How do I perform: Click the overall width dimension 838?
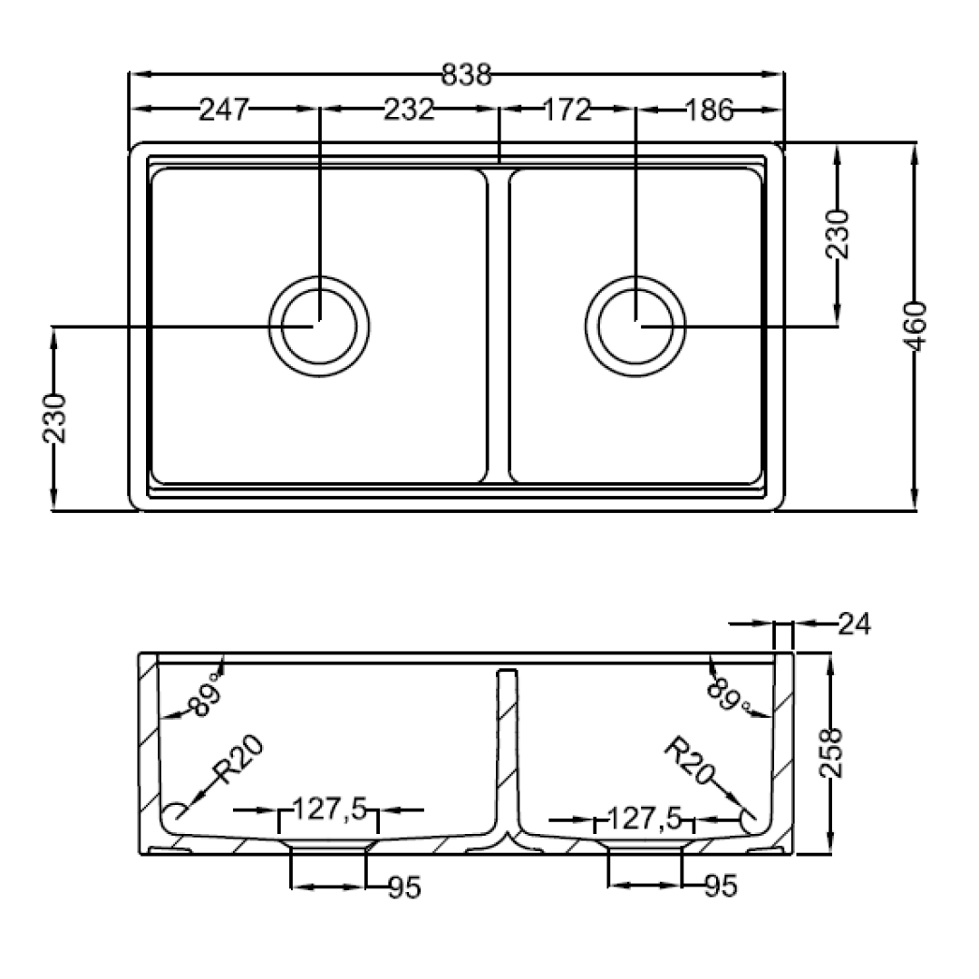(x=467, y=75)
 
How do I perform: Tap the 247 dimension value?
(x=224, y=110)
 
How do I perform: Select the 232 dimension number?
(x=408, y=110)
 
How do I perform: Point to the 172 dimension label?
(x=567, y=110)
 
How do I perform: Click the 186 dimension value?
(x=709, y=111)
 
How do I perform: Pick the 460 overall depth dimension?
(x=916, y=326)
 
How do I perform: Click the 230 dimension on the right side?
(x=838, y=234)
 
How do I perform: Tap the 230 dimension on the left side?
(x=54, y=418)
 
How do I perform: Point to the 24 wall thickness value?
(x=854, y=623)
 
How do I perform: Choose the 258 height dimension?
(x=831, y=753)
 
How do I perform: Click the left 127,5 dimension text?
(x=330, y=809)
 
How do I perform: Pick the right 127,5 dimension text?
(x=645, y=818)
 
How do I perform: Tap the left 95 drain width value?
(x=404, y=887)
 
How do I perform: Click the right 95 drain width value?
(x=721, y=886)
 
